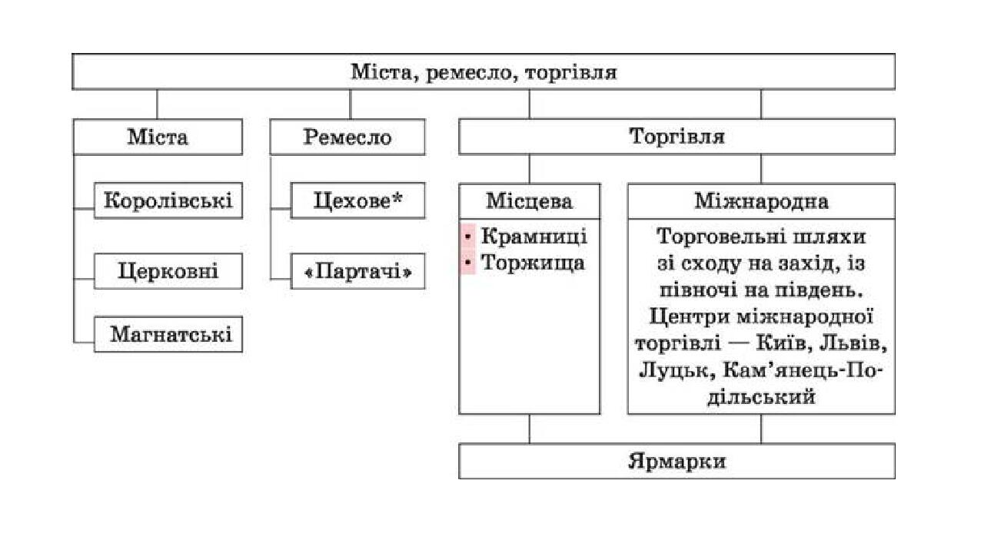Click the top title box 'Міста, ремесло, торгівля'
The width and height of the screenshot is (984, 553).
click(484, 72)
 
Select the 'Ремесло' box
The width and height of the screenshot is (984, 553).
click(347, 137)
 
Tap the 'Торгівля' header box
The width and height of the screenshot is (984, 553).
click(676, 137)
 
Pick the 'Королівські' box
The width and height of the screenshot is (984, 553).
click(168, 200)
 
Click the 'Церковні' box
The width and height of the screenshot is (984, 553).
click(168, 271)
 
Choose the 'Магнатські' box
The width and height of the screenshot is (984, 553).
click(168, 334)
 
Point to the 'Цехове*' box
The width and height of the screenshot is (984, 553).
click(357, 200)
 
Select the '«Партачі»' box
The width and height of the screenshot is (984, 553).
click(357, 271)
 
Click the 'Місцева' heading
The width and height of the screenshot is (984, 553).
click(530, 201)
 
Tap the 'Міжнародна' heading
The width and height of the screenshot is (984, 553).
click(761, 201)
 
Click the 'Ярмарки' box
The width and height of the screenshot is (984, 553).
click(676, 462)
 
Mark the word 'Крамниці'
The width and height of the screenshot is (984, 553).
click(534, 236)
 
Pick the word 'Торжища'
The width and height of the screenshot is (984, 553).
click(533, 263)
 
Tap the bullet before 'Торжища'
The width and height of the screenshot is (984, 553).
click(467, 263)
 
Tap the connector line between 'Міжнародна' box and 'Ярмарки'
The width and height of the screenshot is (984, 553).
click(761, 429)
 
